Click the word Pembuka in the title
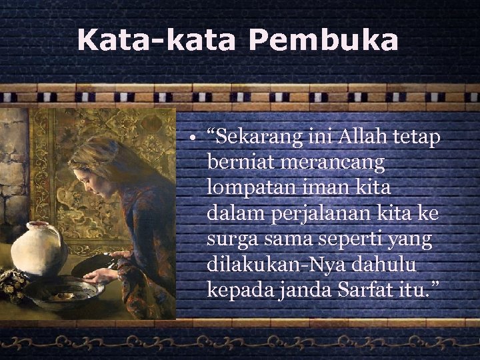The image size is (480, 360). (x=324, y=40)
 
